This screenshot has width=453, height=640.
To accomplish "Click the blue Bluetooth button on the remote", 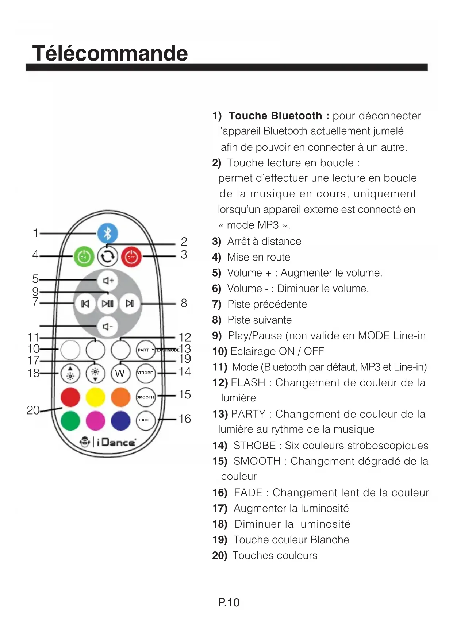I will [107, 234].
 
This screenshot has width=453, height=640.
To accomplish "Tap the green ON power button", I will [84, 257].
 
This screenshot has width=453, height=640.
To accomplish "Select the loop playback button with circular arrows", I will [107, 257].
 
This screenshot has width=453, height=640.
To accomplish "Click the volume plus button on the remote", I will [108, 280].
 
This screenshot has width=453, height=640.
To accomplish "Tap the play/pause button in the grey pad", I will [108, 304].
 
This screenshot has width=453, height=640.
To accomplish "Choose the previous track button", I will [85, 304].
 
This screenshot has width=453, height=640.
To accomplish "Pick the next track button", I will [130, 304].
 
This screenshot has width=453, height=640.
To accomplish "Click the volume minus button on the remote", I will [107, 327].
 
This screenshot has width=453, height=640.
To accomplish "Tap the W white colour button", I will [120, 373].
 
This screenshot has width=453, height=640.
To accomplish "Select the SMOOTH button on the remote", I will [145, 397].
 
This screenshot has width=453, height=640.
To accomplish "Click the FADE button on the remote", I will [145, 420].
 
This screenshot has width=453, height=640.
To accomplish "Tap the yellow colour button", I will [95, 397].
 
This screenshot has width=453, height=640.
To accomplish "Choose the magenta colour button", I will [95, 420].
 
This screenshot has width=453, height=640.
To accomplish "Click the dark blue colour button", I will [120, 420].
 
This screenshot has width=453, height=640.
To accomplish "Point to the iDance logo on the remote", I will [108, 442].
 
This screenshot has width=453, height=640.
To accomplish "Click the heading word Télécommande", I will [110, 53].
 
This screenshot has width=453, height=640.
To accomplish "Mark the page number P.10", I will [229, 602].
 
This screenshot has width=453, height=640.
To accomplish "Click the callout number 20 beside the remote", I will [33, 410].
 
